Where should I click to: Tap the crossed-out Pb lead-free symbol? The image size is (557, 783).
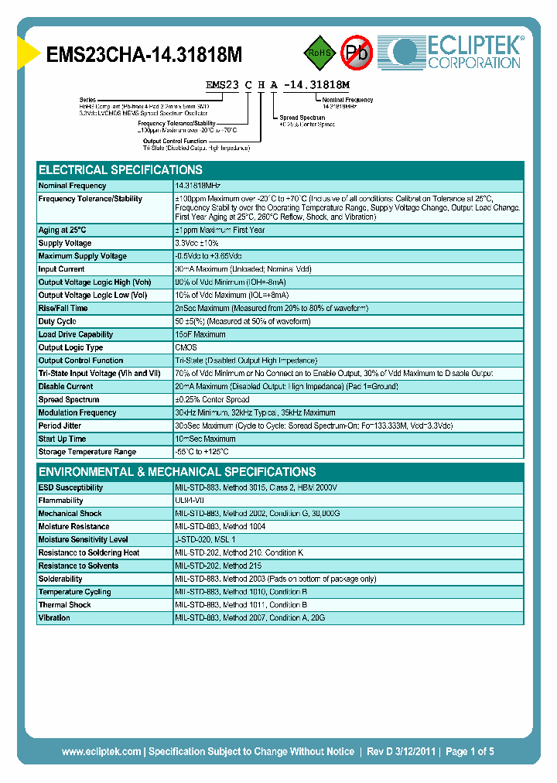click(x=357, y=53)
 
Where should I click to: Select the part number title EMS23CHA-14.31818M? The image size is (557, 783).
click(x=145, y=55)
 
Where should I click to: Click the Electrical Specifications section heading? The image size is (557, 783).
click(x=121, y=169)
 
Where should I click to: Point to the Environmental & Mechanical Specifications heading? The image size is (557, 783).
click(x=177, y=471)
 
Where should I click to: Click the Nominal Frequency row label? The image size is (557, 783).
click(x=73, y=186)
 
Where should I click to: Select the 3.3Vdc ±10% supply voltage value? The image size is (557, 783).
click(x=197, y=243)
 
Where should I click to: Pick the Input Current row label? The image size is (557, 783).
click(x=62, y=269)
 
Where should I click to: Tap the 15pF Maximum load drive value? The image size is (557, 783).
click(x=200, y=334)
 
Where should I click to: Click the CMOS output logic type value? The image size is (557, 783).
click(x=186, y=347)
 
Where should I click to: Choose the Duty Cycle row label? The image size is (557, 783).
click(x=58, y=321)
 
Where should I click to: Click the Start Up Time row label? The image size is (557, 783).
click(x=63, y=439)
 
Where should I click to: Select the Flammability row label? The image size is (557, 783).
click(x=61, y=501)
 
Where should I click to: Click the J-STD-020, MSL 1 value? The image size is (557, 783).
click(x=205, y=539)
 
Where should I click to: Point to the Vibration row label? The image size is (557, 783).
click(x=55, y=617)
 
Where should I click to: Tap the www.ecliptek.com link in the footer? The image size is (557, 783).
click(x=101, y=751)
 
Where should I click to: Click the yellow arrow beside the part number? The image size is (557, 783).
click(x=28, y=54)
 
